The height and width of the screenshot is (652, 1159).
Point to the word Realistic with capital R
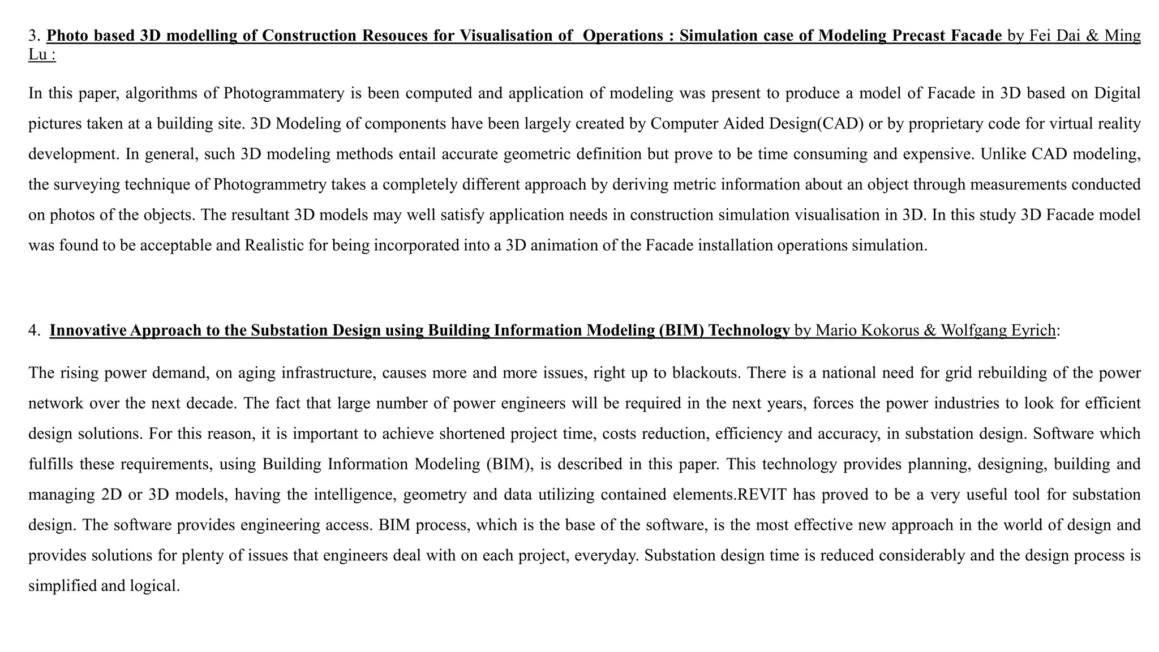271,246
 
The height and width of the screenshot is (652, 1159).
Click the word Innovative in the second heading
88,331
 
